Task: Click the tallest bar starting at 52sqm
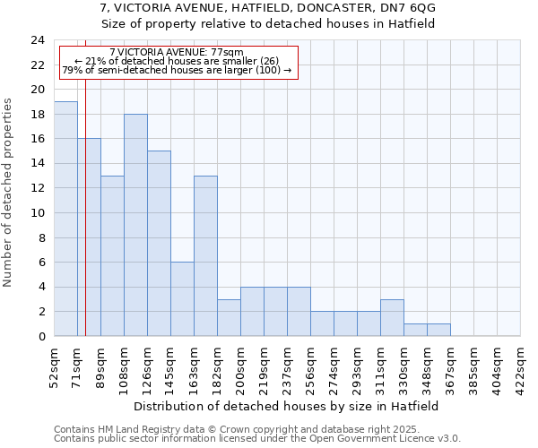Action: (x=65, y=219)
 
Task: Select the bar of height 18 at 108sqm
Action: (x=135, y=225)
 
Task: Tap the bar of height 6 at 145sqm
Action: (x=182, y=299)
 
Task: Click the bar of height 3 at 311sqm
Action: (x=392, y=318)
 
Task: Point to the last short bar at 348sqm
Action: (x=438, y=330)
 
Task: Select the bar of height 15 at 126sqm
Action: (x=159, y=244)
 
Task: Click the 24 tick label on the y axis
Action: (x=37, y=40)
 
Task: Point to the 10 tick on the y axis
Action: (x=37, y=213)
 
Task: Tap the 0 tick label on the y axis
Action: (x=40, y=337)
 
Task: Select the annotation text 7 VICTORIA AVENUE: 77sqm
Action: (x=176, y=52)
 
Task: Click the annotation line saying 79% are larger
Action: (x=177, y=70)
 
